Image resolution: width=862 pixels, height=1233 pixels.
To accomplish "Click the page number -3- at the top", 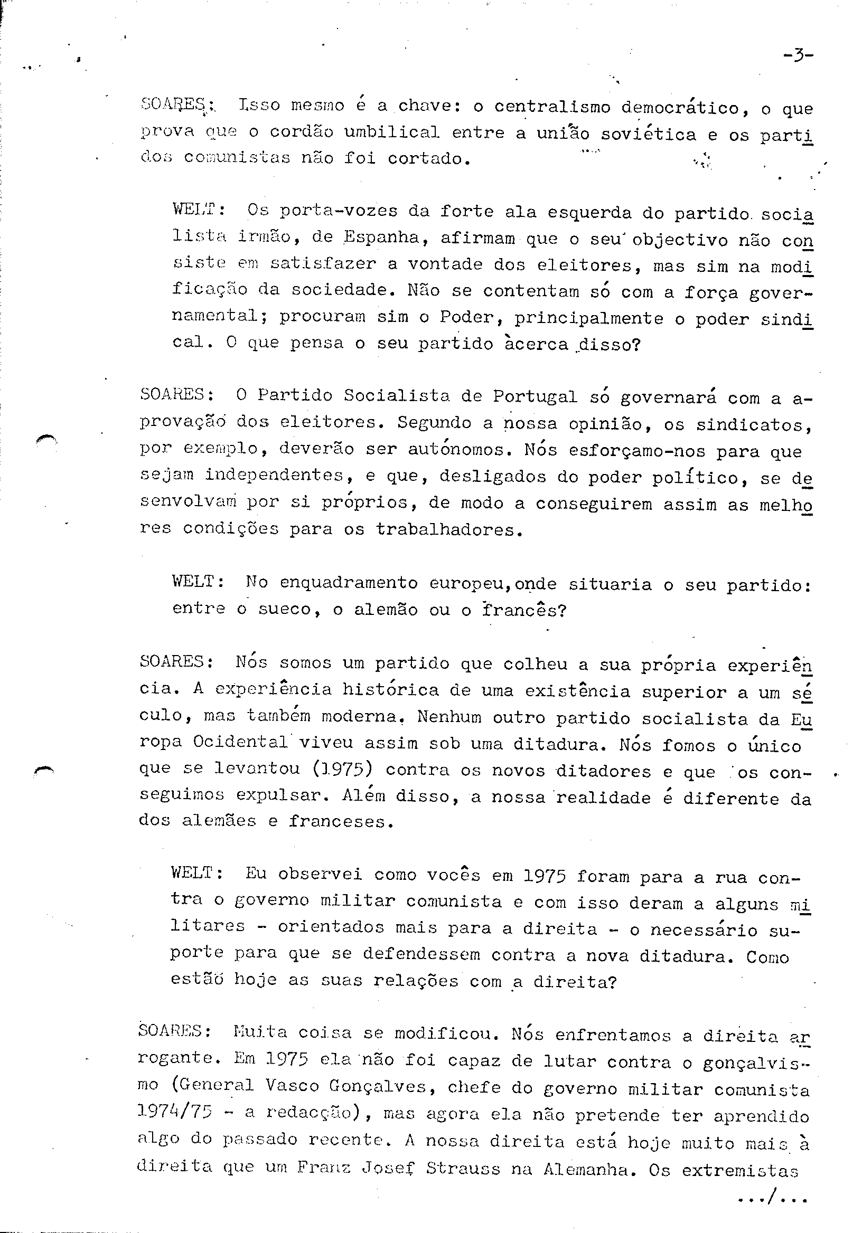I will pyautogui.click(x=798, y=55).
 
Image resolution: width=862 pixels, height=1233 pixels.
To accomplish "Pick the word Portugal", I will pyautogui.click(x=535, y=396).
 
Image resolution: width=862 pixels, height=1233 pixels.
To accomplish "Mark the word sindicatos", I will pyautogui.click(x=752, y=425).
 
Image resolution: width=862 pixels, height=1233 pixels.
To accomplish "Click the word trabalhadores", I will pyautogui.click(x=449, y=529).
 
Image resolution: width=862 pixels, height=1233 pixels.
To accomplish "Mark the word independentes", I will pyautogui.click(x=274, y=475).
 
